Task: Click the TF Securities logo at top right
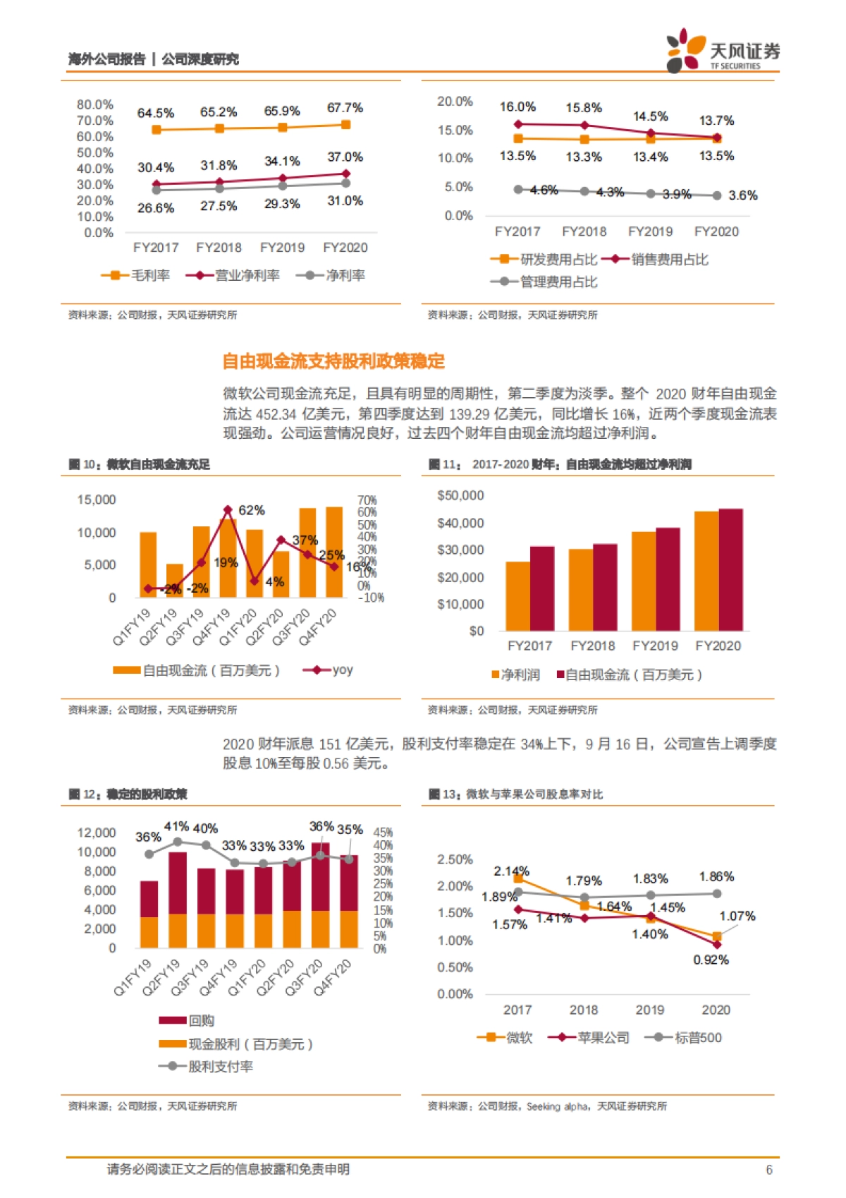[723, 51]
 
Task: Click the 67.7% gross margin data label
[345, 108]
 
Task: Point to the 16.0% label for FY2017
[517, 107]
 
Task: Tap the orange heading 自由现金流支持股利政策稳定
[333, 361]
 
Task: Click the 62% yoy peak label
[252, 510]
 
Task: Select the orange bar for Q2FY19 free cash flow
[174, 580]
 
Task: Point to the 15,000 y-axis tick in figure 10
[97, 500]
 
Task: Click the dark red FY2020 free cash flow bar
[730, 569]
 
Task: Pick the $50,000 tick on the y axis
[460, 495]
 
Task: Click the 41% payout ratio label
[177, 826]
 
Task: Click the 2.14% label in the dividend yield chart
[511, 871]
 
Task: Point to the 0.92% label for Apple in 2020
[711, 960]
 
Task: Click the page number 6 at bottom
[769, 1170]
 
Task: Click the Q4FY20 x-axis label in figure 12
[333, 977]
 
